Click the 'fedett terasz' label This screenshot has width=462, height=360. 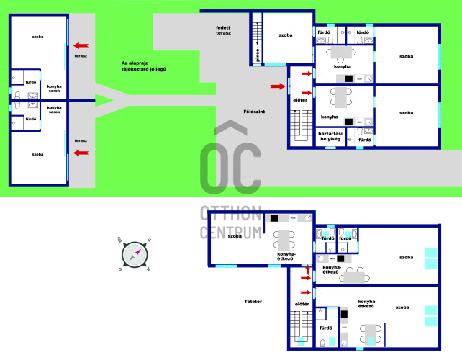tap(223, 30)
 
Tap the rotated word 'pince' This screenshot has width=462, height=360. tap(258, 55)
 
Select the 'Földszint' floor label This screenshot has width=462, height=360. tap(254, 112)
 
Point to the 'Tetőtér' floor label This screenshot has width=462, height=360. tap(253, 302)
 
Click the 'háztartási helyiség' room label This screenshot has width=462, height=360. tap(330, 136)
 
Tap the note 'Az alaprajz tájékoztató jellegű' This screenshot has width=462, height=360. tap(144, 66)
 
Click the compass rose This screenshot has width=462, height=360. tap(135, 254)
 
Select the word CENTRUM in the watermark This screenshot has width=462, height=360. tap(231, 233)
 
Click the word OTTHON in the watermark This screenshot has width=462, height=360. tap(231, 213)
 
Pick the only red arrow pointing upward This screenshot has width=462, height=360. tap(308, 269)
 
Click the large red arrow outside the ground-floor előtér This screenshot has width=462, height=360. tap(278, 86)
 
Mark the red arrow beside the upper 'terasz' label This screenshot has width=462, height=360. tap(81, 45)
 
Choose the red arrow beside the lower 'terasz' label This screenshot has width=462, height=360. tap(81, 153)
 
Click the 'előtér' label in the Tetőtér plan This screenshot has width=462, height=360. tap(302, 304)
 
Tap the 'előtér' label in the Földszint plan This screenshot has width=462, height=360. tap(300, 100)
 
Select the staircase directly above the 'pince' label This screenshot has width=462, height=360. tap(257, 34)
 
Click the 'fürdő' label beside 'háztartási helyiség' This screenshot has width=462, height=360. tap(365, 140)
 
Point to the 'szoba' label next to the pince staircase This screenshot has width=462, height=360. tap(286, 35)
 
